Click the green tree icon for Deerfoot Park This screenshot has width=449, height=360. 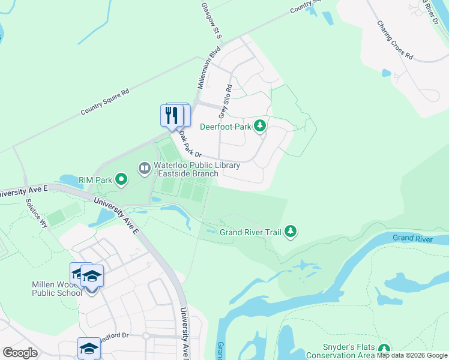[x=259, y=125]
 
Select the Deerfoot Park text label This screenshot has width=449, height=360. [x=226, y=126]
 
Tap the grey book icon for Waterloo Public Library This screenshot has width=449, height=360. [x=144, y=168]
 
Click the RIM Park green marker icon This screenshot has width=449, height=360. [x=121, y=178]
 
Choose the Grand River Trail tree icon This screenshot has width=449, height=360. [x=291, y=231]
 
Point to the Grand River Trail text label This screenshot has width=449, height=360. [x=250, y=232]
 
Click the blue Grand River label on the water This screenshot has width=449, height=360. [x=412, y=238]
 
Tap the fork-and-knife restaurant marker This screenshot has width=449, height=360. [x=171, y=115]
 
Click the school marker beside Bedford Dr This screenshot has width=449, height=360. [x=89, y=349]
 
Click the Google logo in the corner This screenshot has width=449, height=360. [x=20, y=353]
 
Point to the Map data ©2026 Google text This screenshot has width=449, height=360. [x=412, y=355]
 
